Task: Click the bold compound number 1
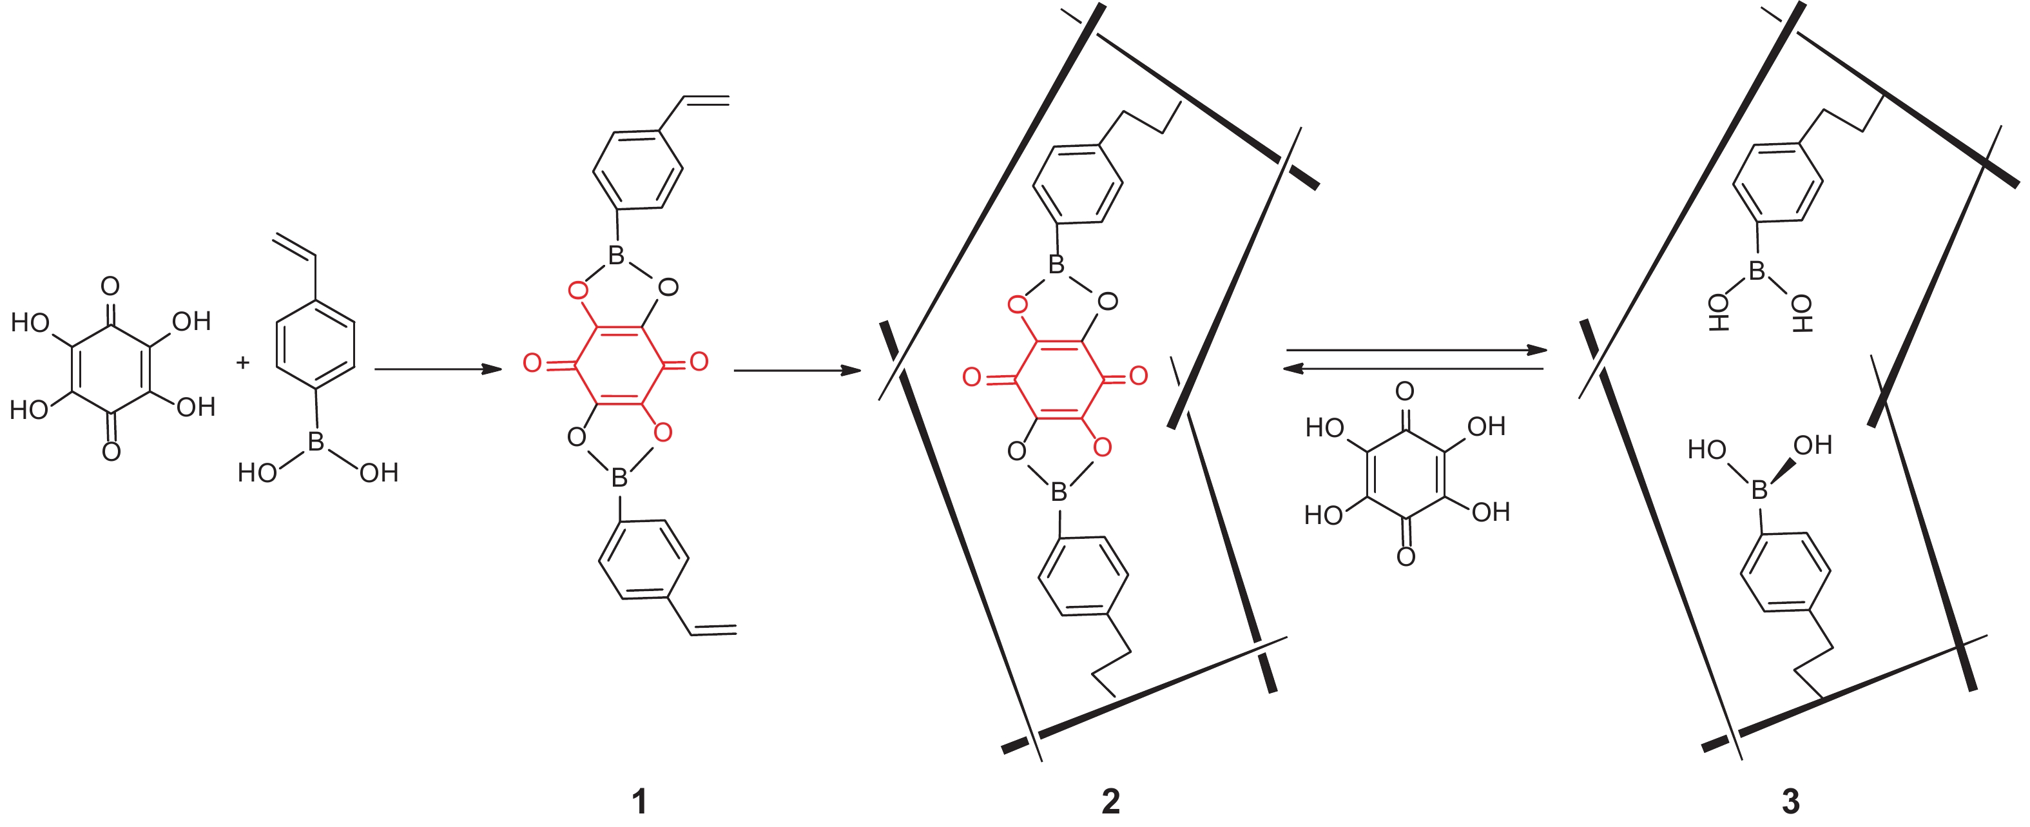[639, 801]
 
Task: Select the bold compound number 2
[1110, 801]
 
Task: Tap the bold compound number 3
[1790, 801]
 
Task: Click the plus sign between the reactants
[243, 363]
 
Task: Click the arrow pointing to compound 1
[438, 369]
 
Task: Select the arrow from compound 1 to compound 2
[796, 370]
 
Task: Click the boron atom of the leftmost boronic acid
[316, 442]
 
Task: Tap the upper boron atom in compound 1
[616, 255]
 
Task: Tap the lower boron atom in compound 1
[619, 477]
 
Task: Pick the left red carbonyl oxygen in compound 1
[533, 363]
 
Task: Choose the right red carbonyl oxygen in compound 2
[1138, 376]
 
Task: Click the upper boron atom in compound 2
[1056, 265]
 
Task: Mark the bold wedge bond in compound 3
[1783, 471]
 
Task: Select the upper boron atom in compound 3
[1757, 271]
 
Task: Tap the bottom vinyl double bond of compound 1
[714, 629]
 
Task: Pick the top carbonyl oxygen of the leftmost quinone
[110, 286]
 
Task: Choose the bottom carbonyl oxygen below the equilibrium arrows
[1406, 558]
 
